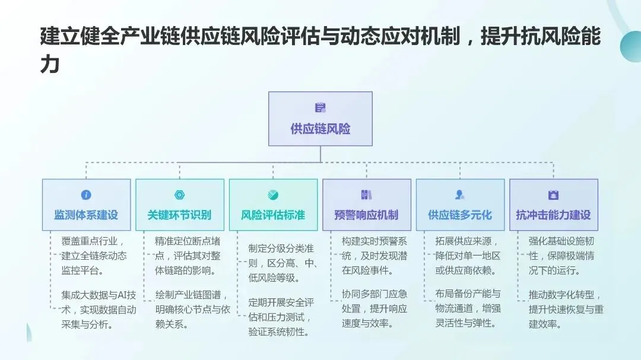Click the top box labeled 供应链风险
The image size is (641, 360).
pos(320,119)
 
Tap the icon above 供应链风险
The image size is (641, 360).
pos(320,108)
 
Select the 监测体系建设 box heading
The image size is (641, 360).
pos(86,215)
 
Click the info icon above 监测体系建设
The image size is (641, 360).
pos(86,195)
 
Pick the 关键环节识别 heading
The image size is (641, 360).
pos(179,215)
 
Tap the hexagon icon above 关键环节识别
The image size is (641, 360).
pos(179,195)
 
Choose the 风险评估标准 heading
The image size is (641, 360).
pos(273,215)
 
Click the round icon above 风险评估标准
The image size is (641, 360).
pos(273,195)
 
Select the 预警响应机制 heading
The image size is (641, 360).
pos(366,215)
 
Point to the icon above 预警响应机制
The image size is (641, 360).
pos(366,195)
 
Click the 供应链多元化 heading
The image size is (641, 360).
pos(460,215)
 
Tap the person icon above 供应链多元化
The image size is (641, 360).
pos(460,195)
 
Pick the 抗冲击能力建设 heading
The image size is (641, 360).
pos(553,215)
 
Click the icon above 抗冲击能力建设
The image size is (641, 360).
pos(553,195)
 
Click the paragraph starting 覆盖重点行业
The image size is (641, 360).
pos(94,256)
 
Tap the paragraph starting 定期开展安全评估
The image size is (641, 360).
pos(281,317)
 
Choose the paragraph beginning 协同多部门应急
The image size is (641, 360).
pos(375,308)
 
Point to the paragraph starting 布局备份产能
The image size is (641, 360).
pos(468,308)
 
